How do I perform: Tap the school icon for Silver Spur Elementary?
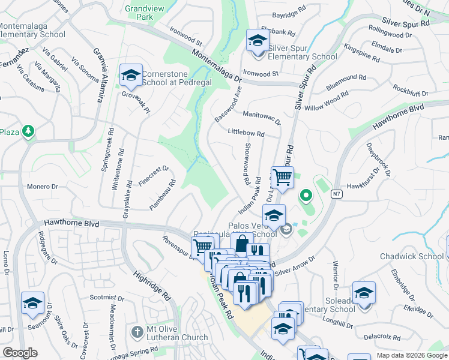click(x=258, y=41)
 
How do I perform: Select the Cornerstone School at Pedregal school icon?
click(x=130, y=76)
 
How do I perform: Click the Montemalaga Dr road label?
click(x=217, y=65)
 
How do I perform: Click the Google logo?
click(x=20, y=353)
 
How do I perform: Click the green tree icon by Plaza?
click(x=27, y=131)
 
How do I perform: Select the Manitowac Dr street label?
click(x=262, y=117)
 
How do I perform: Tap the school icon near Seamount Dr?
click(x=32, y=304)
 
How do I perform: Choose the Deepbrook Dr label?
click(x=378, y=157)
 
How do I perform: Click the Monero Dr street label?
click(x=42, y=187)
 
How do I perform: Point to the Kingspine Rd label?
click(x=362, y=52)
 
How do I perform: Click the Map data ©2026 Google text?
click(x=411, y=355)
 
